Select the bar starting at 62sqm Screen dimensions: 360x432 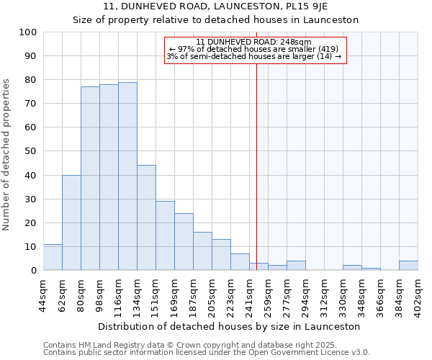[71, 222]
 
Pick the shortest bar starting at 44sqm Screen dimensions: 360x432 [53, 257]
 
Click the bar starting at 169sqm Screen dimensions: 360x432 [184, 242]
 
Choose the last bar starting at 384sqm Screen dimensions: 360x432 [408, 266]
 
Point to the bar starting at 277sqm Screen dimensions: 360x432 [296, 266]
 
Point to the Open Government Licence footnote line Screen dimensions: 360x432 [207, 353]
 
